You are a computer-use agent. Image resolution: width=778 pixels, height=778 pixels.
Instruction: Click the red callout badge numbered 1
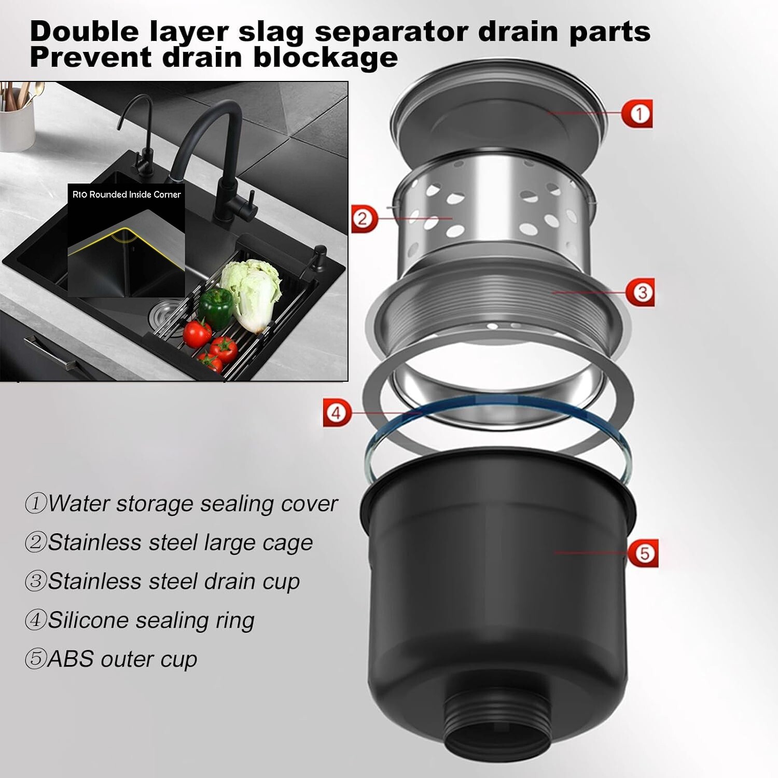click(x=637, y=114)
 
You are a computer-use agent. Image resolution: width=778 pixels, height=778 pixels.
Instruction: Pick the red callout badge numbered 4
click(x=337, y=413)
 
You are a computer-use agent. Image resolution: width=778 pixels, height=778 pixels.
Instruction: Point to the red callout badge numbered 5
click(x=643, y=553)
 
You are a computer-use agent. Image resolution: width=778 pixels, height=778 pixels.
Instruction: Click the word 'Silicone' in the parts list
click(x=88, y=620)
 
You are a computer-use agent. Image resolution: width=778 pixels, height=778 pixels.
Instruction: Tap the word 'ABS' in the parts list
click(x=71, y=659)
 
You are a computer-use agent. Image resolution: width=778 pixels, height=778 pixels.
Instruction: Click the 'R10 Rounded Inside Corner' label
click(x=127, y=195)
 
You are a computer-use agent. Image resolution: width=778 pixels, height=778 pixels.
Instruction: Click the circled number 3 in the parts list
click(x=36, y=581)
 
